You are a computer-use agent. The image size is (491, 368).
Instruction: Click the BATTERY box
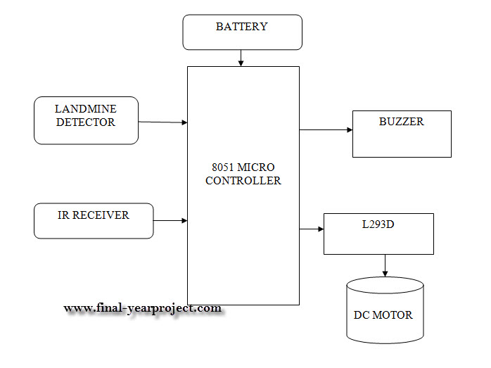click(x=242, y=32)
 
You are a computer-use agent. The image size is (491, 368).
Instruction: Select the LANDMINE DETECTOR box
click(x=86, y=120)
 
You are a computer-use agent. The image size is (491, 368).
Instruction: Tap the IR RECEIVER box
click(x=93, y=220)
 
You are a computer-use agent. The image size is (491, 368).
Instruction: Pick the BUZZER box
click(x=401, y=134)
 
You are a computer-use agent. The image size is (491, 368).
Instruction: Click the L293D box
click(x=378, y=233)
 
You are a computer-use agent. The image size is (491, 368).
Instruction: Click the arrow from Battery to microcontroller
click(x=241, y=58)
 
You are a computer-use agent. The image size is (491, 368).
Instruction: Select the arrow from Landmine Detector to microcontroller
click(x=163, y=122)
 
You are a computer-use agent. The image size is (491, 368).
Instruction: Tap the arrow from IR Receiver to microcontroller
click(x=170, y=221)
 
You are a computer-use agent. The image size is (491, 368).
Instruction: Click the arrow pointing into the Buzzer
click(x=326, y=130)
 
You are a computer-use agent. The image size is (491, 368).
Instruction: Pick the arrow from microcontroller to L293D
click(x=311, y=229)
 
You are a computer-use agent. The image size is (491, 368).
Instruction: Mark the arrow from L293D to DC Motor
click(x=385, y=265)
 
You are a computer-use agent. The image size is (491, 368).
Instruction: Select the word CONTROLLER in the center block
click(x=243, y=181)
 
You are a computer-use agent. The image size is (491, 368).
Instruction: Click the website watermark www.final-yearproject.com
click(x=143, y=308)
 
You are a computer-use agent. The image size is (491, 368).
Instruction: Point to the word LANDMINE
click(x=86, y=109)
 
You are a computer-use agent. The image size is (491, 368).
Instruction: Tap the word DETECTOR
click(x=85, y=122)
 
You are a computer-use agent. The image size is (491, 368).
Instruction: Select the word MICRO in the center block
click(x=255, y=167)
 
